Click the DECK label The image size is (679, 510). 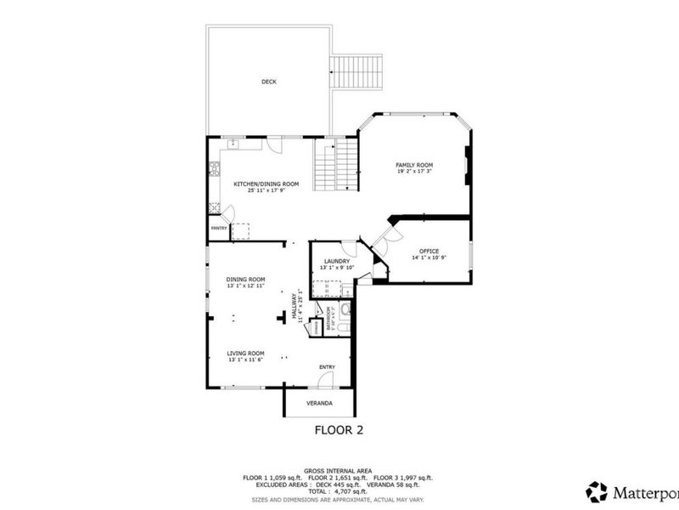[268, 82]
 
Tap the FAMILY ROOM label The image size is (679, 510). [414, 165]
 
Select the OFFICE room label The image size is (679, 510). [429, 251]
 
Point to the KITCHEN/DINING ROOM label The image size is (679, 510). [267, 184]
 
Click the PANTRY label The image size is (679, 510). [218, 228]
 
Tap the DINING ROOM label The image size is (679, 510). [245, 279]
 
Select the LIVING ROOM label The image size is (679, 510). [246, 353]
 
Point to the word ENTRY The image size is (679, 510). [327, 367]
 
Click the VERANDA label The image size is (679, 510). [319, 403]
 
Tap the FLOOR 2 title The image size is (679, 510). [339, 430]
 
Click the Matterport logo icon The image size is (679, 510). [598, 491]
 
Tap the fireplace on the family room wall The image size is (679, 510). [466, 166]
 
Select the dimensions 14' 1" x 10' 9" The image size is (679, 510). [429, 258]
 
